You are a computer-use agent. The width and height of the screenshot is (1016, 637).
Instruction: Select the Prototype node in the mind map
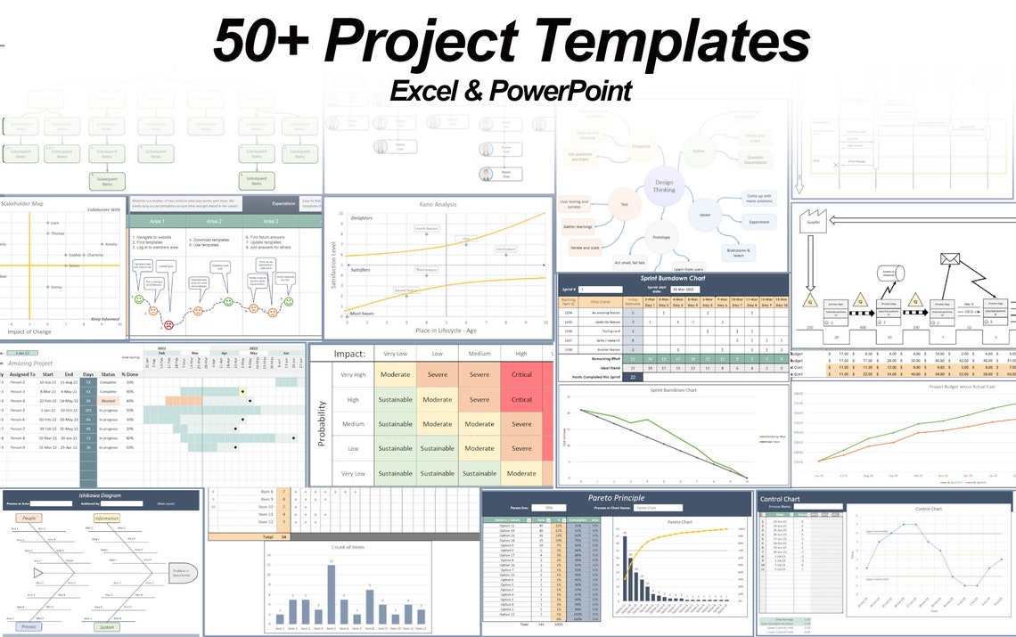tap(662, 239)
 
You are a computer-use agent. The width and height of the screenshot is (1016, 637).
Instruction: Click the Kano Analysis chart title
tap(438, 205)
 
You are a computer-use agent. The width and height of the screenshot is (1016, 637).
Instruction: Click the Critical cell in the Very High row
tap(521, 374)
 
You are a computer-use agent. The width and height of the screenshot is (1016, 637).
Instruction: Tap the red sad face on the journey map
tap(153, 312)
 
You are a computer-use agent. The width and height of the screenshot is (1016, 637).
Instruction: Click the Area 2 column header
tap(214, 221)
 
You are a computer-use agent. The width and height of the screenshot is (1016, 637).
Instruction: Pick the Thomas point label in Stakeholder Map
tap(59, 233)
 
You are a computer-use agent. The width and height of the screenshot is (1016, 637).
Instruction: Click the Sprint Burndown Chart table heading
tap(673, 278)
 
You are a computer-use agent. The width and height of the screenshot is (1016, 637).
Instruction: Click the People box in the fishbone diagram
tap(29, 518)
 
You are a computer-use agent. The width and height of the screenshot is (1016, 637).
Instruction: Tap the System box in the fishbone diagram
tap(106, 626)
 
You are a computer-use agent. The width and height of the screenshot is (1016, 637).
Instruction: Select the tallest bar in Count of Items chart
tap(331, 593)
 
